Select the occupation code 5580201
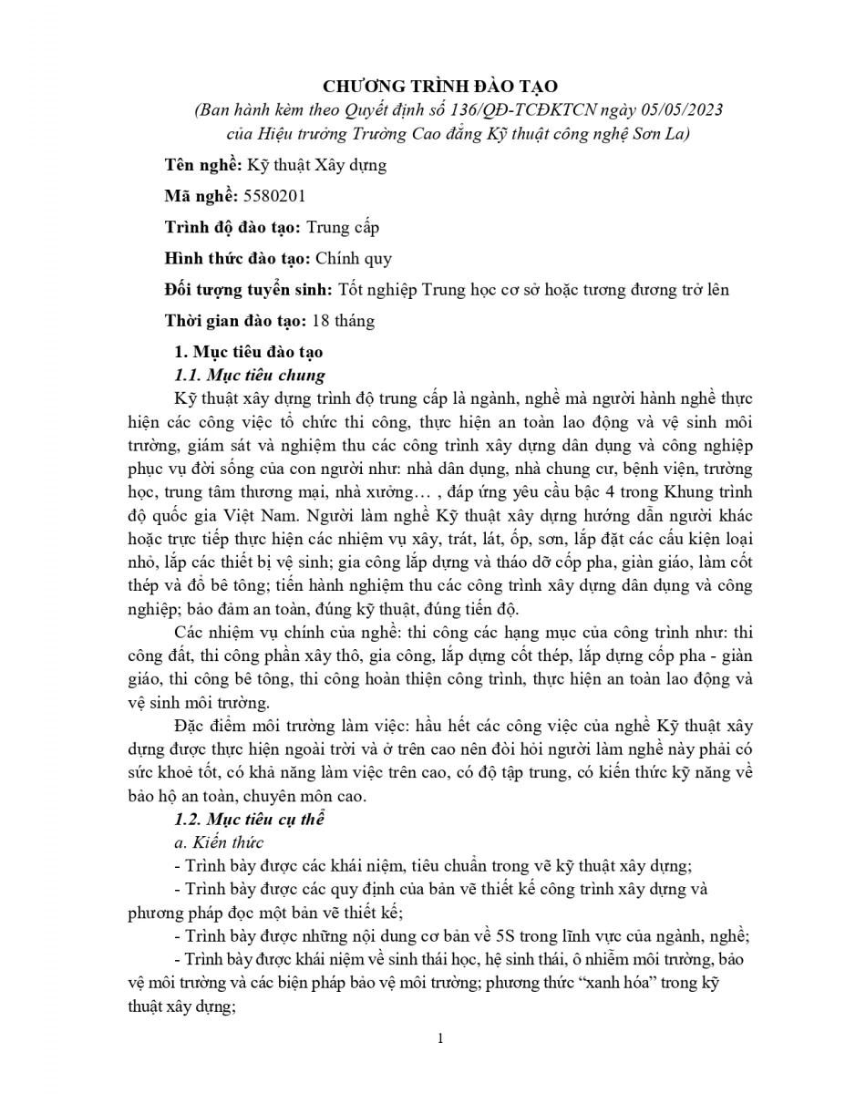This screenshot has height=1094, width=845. pyautogui.click(x=273, y=196)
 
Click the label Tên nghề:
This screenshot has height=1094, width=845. pyautogui.click(x=201, y=165)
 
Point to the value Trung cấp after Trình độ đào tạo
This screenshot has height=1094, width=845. pyautogui.click(x=343, y=227)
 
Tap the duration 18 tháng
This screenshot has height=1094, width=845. pyautogui.click(x=343, y=321)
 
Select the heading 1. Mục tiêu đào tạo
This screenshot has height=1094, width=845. pyautogui.click(x=248, y=352)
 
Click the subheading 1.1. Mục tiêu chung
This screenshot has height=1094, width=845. pyautogui.click(x=249, y=375)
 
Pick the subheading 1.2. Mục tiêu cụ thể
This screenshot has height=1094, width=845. pyautogui.click(x=249, y=819)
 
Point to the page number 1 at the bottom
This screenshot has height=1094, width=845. pyautogui.click(x=440, y=1039)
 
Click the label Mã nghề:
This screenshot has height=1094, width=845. pyautogui.click(x=200, y=196)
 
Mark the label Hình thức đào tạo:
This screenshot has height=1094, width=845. pyautogui.click(x=235, y=258)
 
